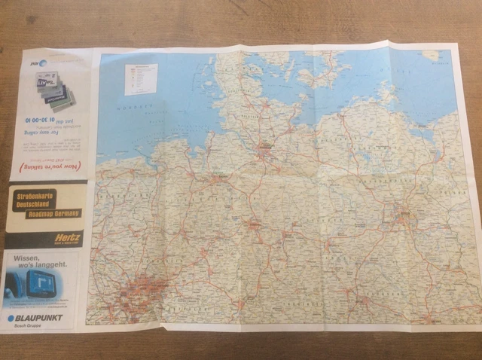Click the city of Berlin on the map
pyautogui.click(x=404, y=216)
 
